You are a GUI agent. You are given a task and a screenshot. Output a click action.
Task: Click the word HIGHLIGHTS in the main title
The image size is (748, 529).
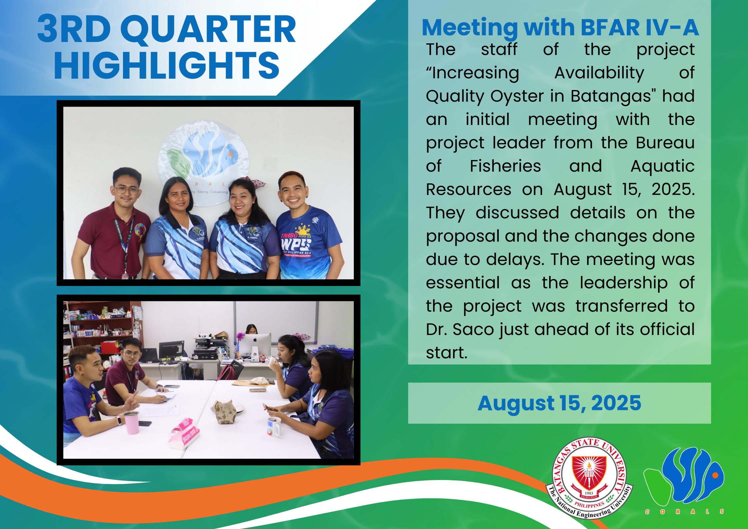point(167,66)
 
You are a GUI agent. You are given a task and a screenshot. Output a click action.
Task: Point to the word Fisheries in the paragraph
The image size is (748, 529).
point(505,166)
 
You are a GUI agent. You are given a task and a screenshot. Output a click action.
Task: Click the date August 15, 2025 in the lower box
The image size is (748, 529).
point(559,403)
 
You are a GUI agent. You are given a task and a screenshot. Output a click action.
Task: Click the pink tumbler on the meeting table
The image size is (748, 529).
point(131,423)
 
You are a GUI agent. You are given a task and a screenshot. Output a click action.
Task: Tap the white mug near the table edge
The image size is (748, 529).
point(274,427)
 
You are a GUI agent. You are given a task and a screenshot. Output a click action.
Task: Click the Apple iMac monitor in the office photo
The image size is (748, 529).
point(255,347)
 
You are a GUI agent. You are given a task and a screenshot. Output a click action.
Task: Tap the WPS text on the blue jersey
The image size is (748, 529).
point(295,244)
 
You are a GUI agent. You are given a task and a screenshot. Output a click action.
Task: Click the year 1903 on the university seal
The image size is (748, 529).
point(589,493)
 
